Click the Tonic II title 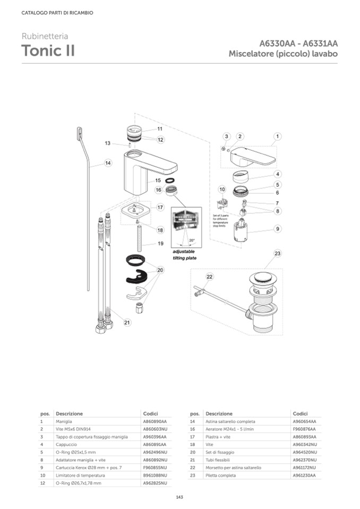(x=48, y=51)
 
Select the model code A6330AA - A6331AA (x=298, y=44)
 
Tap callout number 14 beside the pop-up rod (x=108, y=163)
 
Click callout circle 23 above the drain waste (x=277, y=254)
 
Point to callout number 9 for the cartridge (x=277, y=229)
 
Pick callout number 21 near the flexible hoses (x=127, y=322)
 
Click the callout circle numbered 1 (x=277, y=136)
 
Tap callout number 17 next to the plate (x=160, y=207)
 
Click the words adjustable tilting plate (x=184, y=254)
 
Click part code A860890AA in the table (x=155, y=421)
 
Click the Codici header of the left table (x=150, y=413)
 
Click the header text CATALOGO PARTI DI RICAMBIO (x=57, y=13)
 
